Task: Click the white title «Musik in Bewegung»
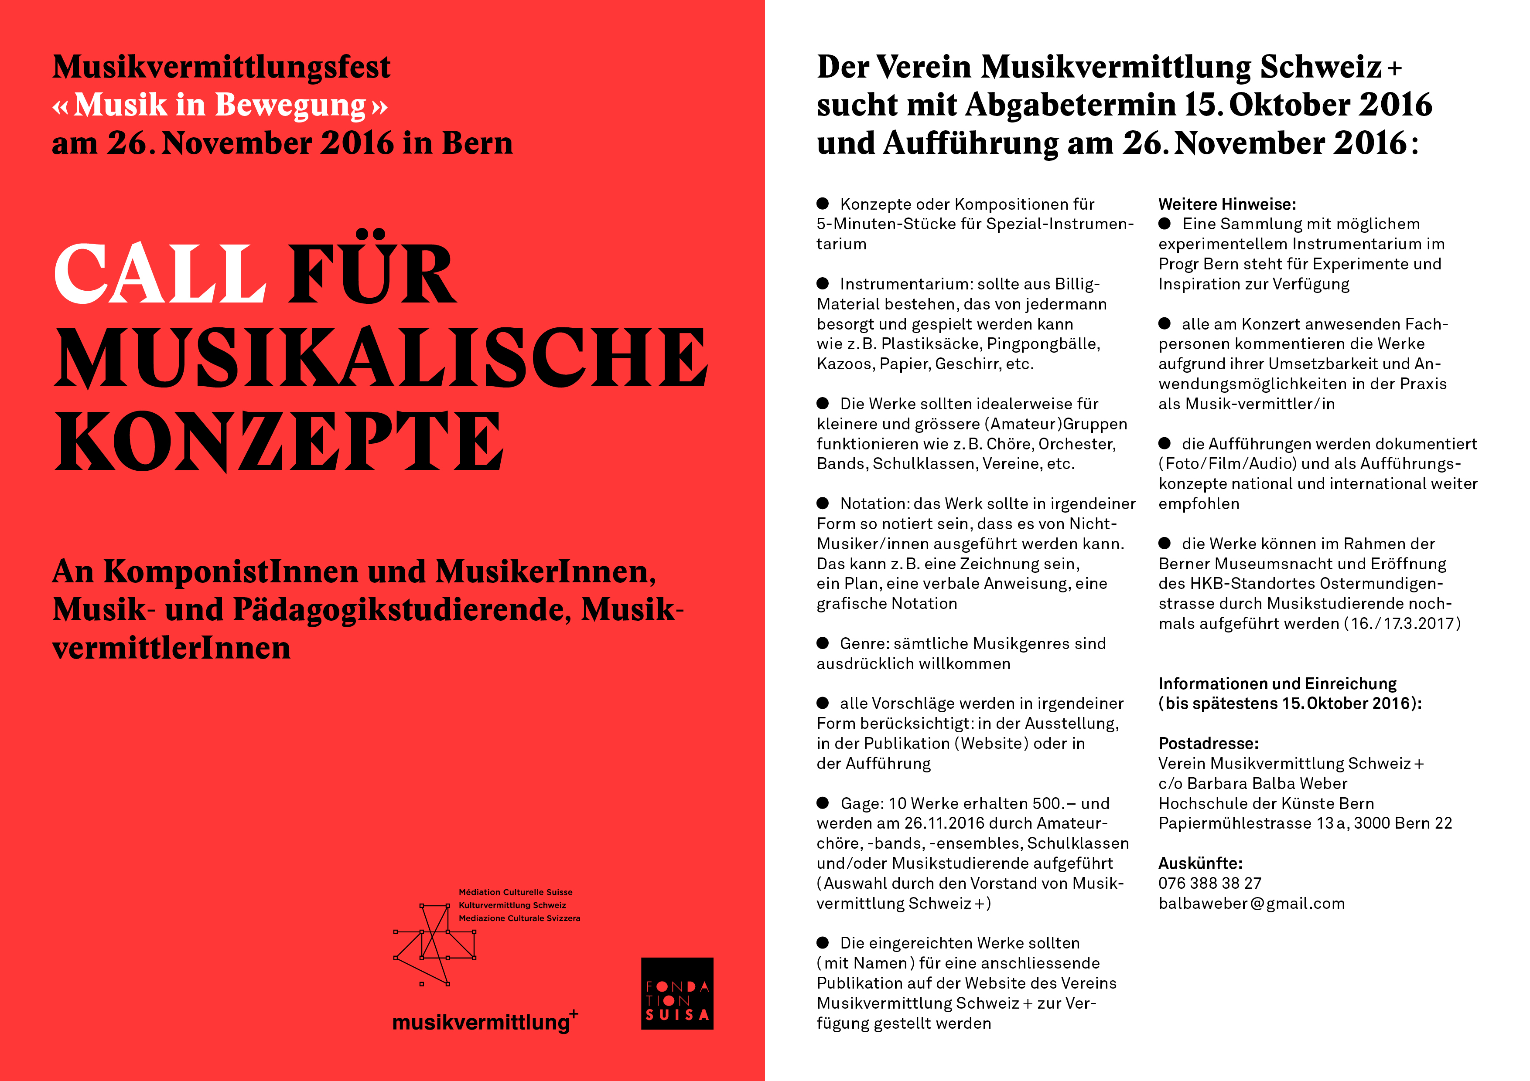point(220,105)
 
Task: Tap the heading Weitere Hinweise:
point(1227,204)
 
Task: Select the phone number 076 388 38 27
point(1209,883)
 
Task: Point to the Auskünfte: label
point(1200,863)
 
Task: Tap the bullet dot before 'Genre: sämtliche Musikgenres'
point(823,643)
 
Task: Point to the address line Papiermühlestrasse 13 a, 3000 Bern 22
point(1305,823)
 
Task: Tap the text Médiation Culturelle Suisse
point(515,892)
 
